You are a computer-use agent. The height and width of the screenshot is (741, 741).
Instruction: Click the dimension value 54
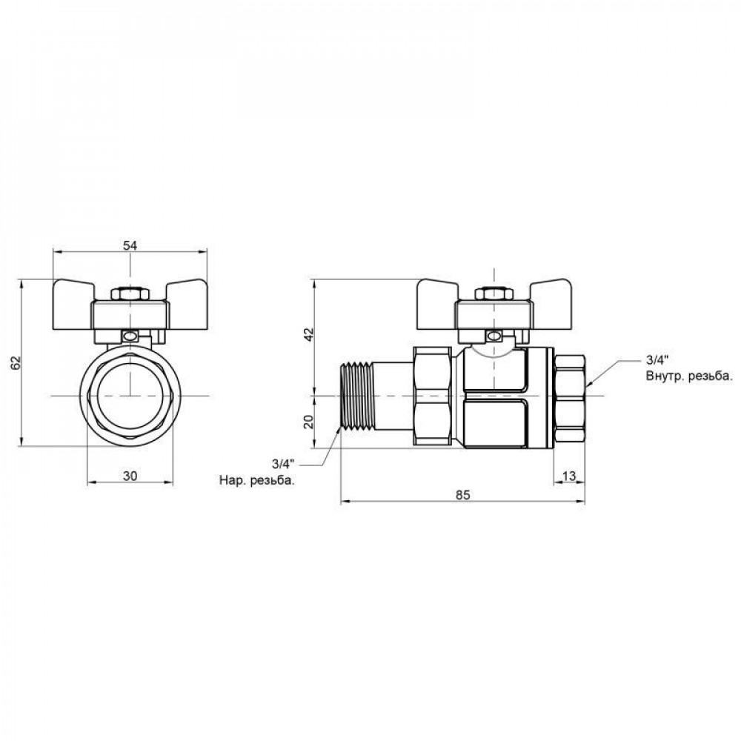tap(130, 245)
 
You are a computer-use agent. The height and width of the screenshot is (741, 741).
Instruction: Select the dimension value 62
tap(16, 362)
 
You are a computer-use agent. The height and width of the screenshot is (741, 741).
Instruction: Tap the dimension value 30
tap(130, 476)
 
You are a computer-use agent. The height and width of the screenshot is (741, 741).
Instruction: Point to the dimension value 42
tap(308, 334)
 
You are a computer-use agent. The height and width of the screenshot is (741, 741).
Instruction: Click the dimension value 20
tap(308, 422)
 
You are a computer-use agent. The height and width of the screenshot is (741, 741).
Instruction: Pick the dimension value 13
tap(569, 476)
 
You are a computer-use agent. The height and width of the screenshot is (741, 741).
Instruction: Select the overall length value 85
tap(463, 495)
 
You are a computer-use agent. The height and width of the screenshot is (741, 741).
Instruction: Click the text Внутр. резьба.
tap(689, 376)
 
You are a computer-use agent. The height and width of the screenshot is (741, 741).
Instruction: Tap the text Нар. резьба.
tap(256, 481)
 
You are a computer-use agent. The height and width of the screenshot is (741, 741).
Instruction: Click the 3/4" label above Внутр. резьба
tap(656, 360)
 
